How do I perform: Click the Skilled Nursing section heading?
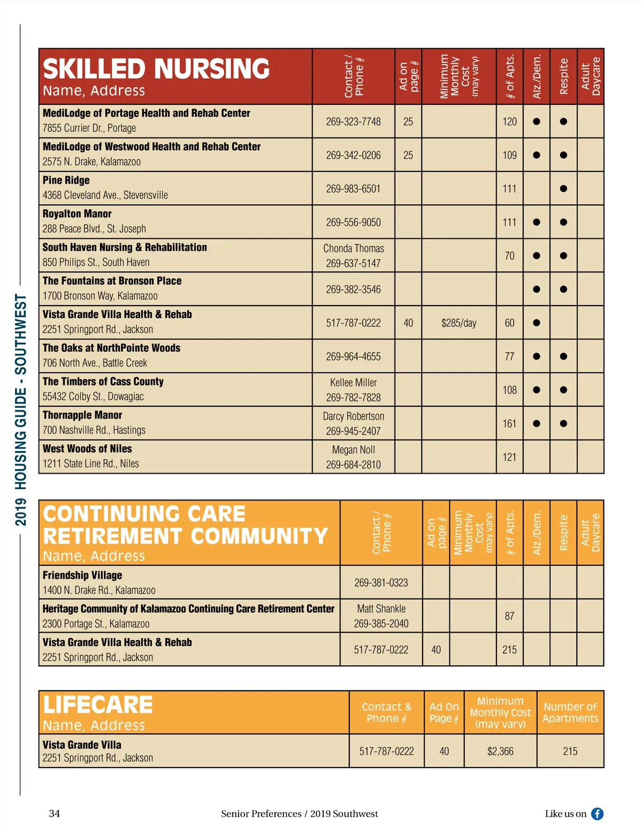coord(156,69)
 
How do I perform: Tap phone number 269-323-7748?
coord(353,122)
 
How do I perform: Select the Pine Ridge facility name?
coord(66,180)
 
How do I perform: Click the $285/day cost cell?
coord(458,323)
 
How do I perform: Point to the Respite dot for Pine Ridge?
coord(563,188)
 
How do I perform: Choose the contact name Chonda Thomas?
coord(353,248)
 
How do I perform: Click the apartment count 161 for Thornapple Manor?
coord(509,423)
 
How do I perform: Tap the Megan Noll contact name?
coord(353,450)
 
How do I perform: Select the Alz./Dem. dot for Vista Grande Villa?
coord(537,323)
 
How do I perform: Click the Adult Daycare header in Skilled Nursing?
coord(591,76)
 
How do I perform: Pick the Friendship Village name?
coord(82,575)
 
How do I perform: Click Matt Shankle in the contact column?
coord(381,609)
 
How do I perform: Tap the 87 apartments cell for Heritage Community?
coord(509,616)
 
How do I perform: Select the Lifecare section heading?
coord(98,705)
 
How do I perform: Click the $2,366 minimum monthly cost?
coord(500,751)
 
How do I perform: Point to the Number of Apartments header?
coord(570,712)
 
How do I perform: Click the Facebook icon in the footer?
coord(597,814)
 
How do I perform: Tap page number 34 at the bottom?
coord(55,814)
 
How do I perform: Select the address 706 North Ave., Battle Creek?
coord(95,363)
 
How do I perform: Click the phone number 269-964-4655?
coord(353,357)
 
